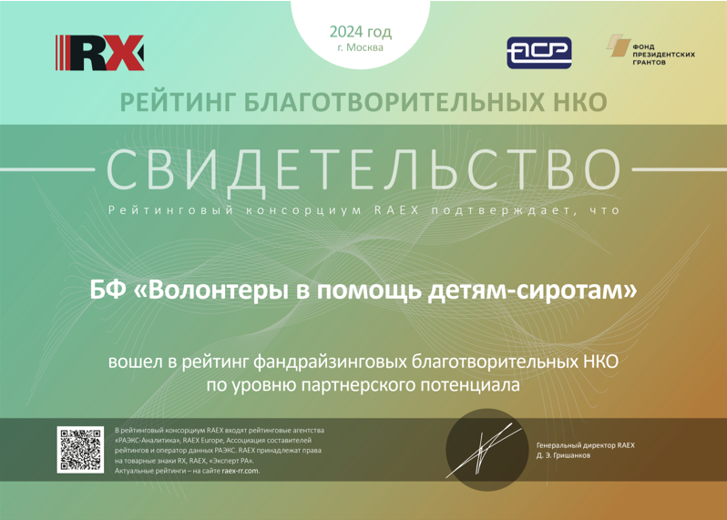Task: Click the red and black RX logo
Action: coord(99,53)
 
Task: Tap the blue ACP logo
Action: coord(538,53)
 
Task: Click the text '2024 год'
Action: coord(360,33)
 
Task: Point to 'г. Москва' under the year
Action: coord(360,47)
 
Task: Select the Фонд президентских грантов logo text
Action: coord(663,55)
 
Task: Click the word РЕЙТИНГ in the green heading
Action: coord(177,102)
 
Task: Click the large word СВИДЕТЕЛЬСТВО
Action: coord(363,170)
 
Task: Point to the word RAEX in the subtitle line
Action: coord(396,210)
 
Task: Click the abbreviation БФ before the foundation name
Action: coord(108,291)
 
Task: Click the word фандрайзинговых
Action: coord(330,362)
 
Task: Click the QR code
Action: coord(80,450)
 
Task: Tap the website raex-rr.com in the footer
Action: coord(241,471)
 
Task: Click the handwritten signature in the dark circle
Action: coord(484,451)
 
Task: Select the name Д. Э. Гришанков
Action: coord(563,455)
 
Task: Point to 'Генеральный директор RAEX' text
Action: coord(586,445)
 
